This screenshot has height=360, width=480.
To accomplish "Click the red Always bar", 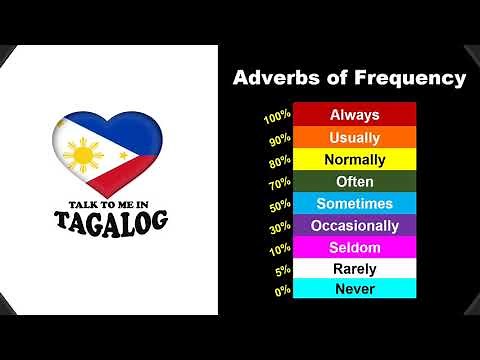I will coord(355,115).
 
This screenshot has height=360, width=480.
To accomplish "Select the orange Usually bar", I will coord(355,137).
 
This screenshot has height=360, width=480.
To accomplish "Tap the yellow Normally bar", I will coord(355,159).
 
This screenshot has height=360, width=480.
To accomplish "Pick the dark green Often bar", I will coord(355,181).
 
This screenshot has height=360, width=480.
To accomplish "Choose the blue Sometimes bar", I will coord(355,203).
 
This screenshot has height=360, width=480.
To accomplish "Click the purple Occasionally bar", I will coord(355,225).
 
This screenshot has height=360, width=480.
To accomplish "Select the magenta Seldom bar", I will coord(355,247).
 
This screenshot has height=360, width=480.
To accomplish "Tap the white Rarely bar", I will coord(355,268).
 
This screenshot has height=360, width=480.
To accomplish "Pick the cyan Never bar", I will coord(355,289).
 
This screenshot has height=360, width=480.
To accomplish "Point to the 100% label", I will coord(277,118).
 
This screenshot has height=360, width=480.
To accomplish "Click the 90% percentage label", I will coord(279,140).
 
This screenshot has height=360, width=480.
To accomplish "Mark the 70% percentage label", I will coord(279,184).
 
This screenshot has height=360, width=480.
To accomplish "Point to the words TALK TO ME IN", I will coord(111,202).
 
